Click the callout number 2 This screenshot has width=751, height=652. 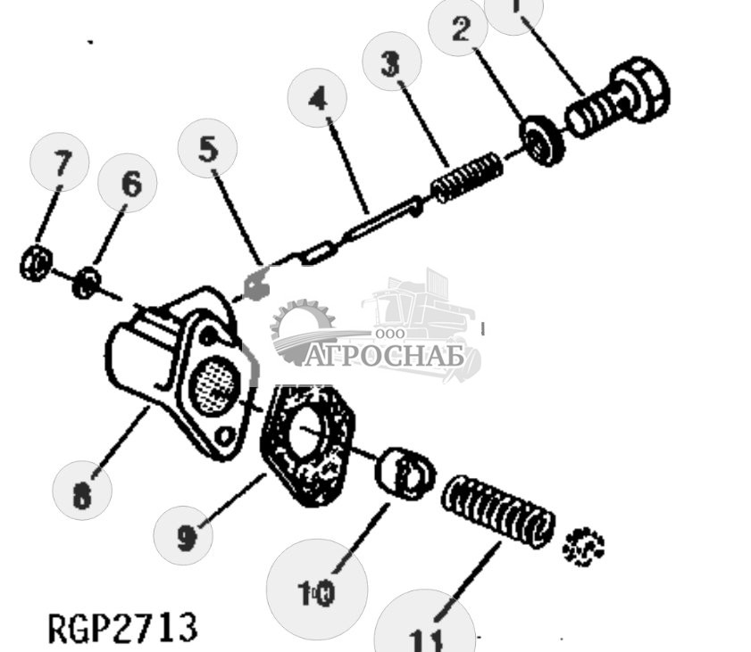(x=460, y=29)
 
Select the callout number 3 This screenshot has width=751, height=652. (x=389, y=62)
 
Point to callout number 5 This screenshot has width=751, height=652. (x=208, y=148)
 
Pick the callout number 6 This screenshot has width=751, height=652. (x=130, y=185)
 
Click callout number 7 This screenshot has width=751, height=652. (x=60, y=164)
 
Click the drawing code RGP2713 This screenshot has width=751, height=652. (x=122, y=627)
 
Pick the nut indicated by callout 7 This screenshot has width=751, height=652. (x=34, y=263)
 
